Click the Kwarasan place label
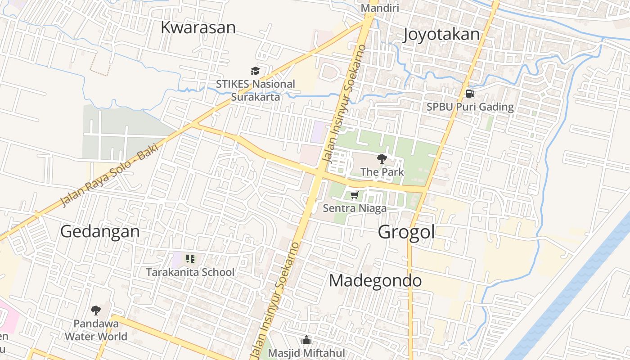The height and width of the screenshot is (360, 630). tap(198, 27)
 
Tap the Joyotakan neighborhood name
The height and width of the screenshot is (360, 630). tap(441, 34)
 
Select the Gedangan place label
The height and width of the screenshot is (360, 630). tap(100, 232)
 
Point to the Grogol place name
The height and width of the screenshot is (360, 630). tap(406, 232)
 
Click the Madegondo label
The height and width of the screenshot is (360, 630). tap(375, 280)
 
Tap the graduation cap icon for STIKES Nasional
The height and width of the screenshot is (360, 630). tap(256, 71)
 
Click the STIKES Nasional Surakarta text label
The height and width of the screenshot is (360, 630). tap(256, 90)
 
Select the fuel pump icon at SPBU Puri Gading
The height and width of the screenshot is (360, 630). tap(470, 94)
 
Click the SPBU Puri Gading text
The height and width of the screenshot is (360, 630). tap(470, 107)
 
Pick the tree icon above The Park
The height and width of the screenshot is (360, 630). tap(382, 158)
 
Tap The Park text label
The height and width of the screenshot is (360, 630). tap(382, 172)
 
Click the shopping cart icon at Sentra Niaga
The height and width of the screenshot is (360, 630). tap(355, 195)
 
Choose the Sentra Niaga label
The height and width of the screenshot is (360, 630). tap(355, 208)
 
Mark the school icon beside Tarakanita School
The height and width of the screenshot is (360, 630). tap(190, 259)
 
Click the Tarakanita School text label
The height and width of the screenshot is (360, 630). tap(190, 272)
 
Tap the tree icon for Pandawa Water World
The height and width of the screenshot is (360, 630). tap(95, 310)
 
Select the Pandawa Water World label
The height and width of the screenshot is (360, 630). tap(96, 330)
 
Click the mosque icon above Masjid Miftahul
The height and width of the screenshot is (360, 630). tap(306, 340)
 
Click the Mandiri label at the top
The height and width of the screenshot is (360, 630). tap(380, 8)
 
